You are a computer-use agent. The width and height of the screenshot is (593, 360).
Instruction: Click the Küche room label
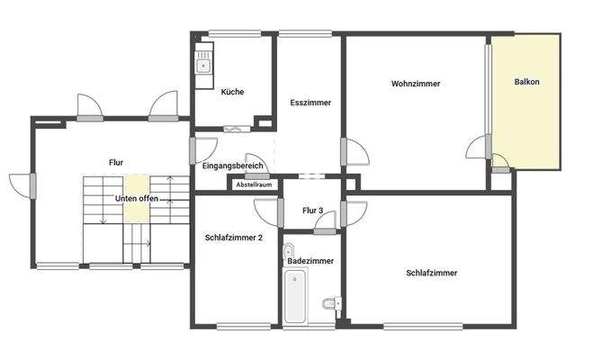232,92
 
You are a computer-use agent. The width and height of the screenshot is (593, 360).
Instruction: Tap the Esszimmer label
310,103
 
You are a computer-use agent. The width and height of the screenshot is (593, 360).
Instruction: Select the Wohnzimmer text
416,84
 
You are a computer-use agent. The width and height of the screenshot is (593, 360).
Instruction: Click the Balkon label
527,83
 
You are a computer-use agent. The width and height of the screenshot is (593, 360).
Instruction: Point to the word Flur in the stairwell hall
115,162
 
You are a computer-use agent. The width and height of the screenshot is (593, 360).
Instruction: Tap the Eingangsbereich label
232,166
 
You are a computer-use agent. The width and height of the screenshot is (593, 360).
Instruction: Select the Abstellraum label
254,184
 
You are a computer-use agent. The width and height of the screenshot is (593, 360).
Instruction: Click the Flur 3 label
313,210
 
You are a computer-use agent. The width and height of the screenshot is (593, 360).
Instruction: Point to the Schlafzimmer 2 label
234,238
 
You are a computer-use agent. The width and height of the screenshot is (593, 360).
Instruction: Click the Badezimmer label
310,261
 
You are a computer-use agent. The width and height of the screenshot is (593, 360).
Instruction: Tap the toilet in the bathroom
331,304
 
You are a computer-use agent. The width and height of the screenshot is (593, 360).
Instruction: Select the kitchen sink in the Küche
204,64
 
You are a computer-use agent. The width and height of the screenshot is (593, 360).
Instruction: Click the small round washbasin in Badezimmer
289,249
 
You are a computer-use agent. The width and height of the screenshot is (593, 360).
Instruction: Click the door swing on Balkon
500,163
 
